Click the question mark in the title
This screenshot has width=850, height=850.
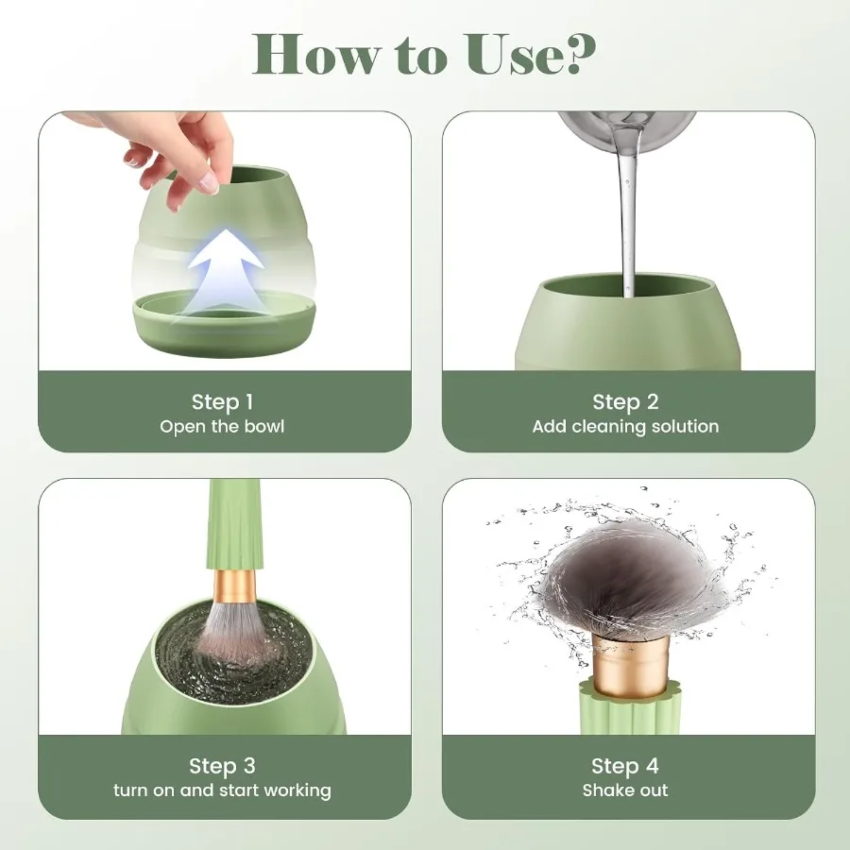[577, 54]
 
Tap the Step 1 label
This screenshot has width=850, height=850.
[222, 401]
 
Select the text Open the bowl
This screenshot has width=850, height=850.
[222, 426]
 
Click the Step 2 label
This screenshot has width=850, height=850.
[625, 401]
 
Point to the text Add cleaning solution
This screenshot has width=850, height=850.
[625, 426]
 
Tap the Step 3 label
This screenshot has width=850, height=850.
[222, 765]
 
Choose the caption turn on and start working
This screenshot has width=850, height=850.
[222, 790]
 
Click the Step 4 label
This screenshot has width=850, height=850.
[625, 765]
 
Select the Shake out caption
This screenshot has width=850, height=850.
[625, 790]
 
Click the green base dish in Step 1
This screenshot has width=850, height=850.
[225, 326]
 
